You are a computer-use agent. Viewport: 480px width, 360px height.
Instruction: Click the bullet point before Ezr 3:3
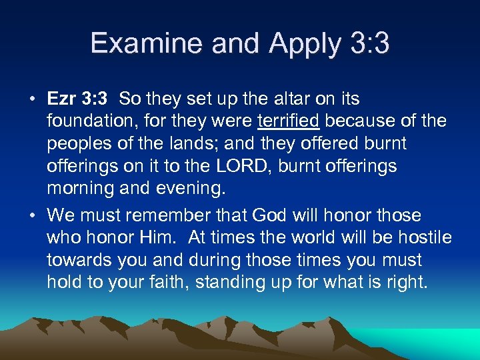coord(32,99)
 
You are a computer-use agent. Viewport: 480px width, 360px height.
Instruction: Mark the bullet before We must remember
coord(32,215)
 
